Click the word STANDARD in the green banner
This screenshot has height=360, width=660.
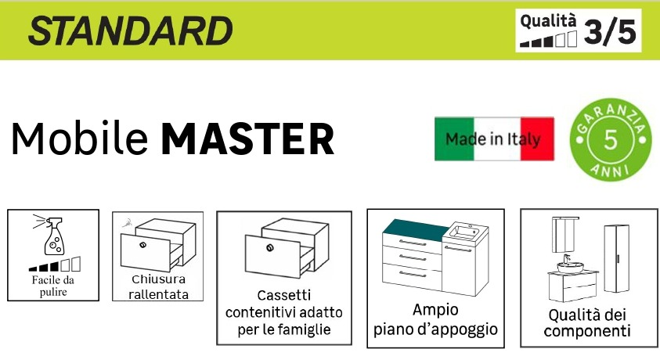(130, 31)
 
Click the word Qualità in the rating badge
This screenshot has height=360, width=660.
(547, 20)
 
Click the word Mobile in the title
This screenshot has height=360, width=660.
(79, 139)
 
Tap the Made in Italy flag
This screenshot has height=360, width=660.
(494, 139)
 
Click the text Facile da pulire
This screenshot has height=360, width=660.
(53, 286)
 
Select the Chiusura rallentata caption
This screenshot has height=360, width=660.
(157, 286)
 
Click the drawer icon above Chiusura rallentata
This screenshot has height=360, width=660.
(157, 243)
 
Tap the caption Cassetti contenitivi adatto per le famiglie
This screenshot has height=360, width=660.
(283, 313)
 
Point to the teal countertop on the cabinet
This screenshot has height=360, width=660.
(411, 227)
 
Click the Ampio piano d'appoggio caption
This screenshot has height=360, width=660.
(435, 319)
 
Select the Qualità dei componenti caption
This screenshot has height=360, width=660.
(588, 323)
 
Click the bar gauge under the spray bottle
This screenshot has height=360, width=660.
(53, 265)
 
